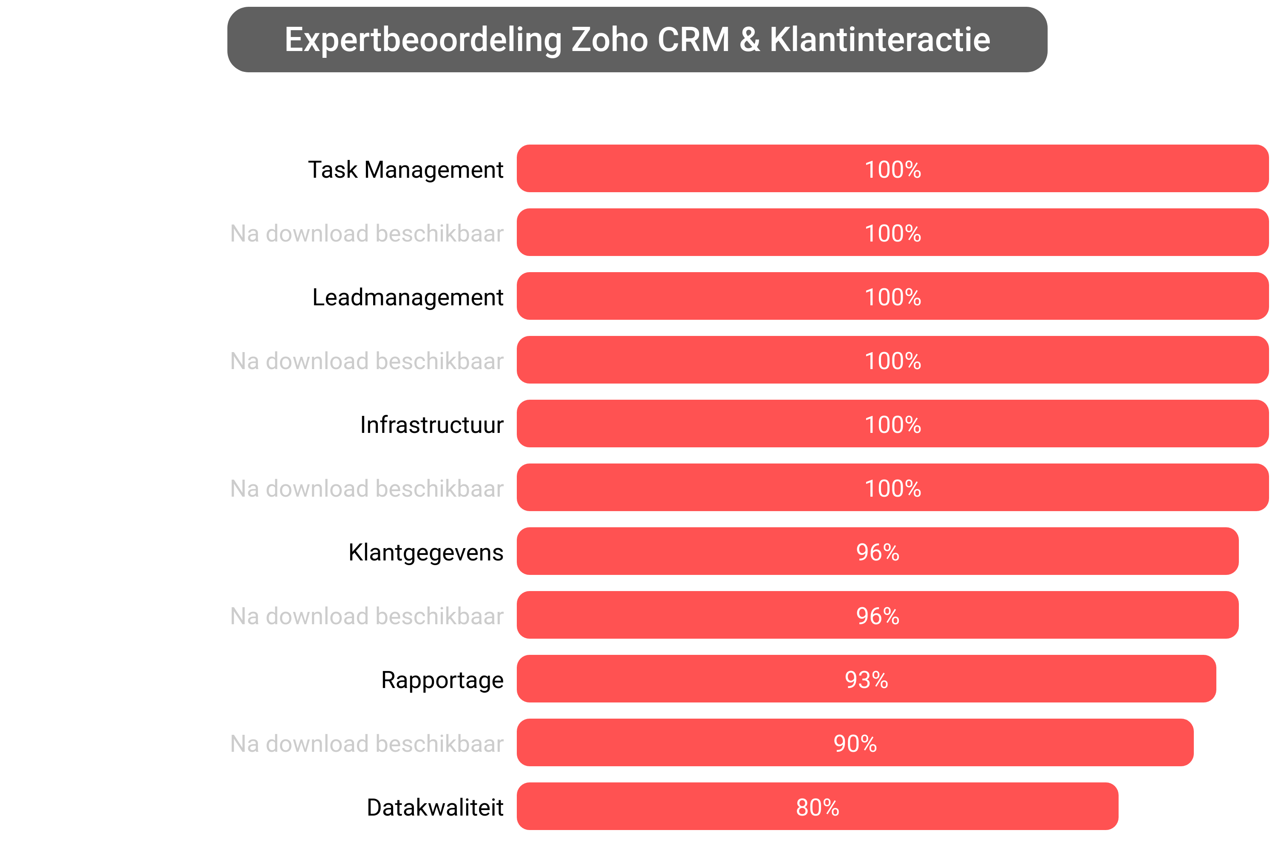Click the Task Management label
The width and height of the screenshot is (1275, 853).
(405, 170)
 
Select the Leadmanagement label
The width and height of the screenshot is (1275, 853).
(408, 297)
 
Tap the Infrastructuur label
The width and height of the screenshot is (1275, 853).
(432, 425)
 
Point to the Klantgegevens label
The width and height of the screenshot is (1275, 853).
(426, 552)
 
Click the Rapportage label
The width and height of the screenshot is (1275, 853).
(442, 680)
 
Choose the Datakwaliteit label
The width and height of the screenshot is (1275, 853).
(435, 808)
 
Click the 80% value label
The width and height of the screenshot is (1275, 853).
(817, 808)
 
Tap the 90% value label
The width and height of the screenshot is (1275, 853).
(855, 744)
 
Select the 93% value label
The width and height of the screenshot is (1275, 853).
(866, 680)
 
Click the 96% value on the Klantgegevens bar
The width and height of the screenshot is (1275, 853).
(878, 552)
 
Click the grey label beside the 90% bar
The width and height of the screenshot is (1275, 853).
(367, 744)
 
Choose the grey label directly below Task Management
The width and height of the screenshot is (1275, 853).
(367, 233)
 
